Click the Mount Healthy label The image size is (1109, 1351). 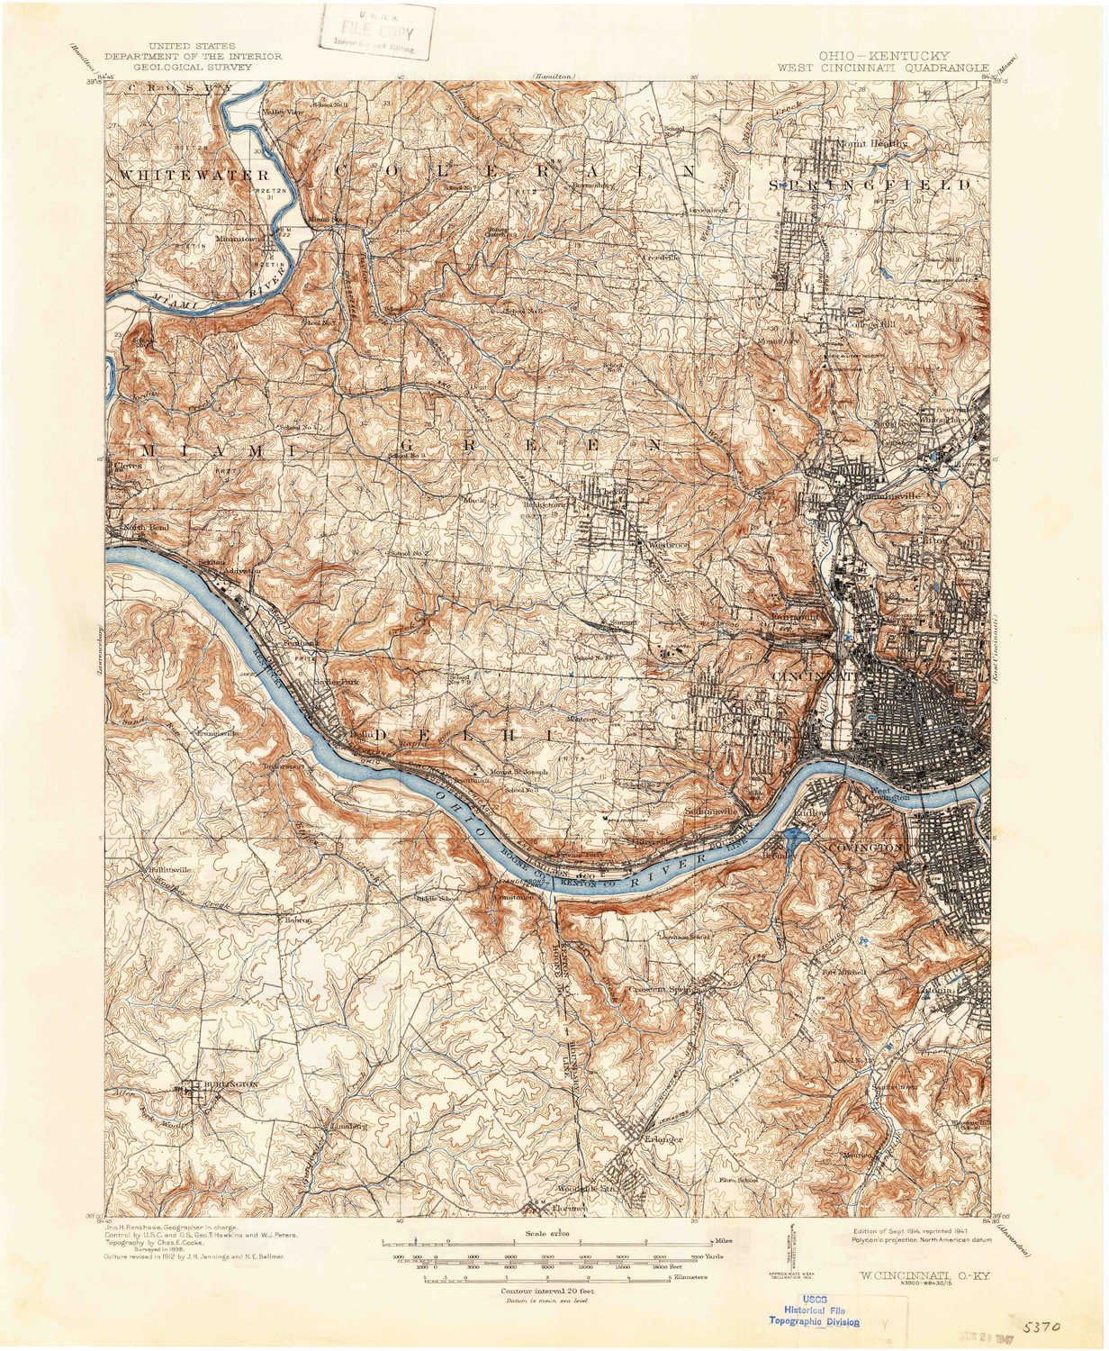point(873,143)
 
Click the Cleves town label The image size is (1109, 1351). point(130,467)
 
